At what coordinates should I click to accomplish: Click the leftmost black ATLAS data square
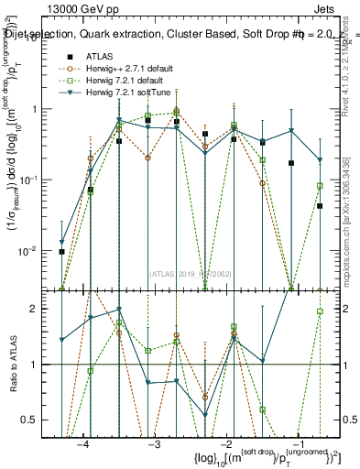coord(61,252)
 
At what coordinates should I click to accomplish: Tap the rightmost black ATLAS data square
coord(321,206)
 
